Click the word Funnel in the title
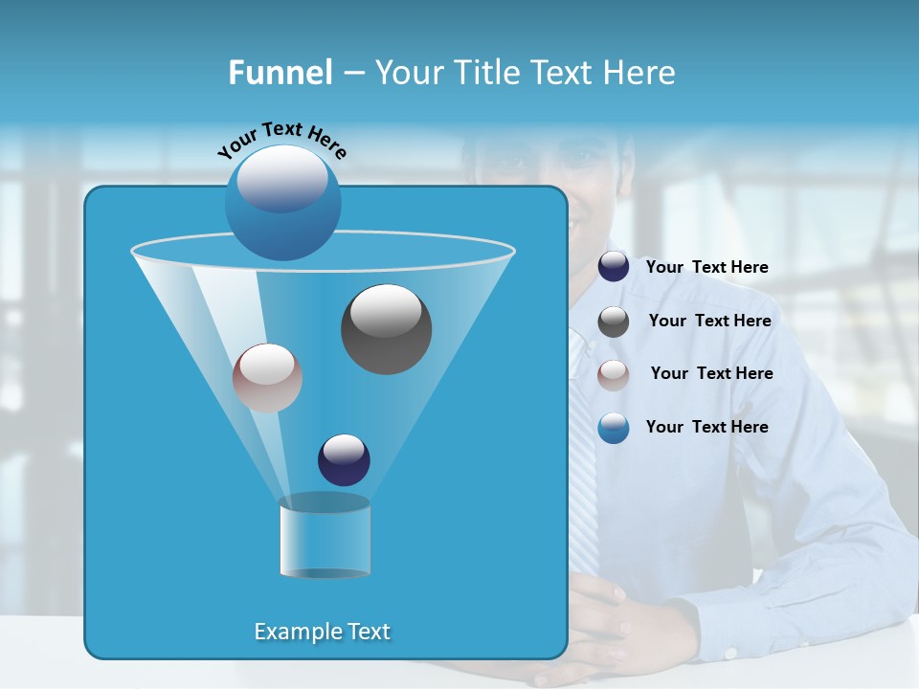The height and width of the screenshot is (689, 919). [x=280, y=73]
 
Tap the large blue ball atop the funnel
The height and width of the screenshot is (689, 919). [x=282, y=202]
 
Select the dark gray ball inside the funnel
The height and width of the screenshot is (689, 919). [x=386, y=329]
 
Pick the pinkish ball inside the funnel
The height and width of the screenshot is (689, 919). [x=267, y=378]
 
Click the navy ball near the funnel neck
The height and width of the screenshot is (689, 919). [x=344, y=459]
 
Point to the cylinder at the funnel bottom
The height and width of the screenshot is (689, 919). [x=325, y=538]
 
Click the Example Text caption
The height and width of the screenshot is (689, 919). [x=322, y=632]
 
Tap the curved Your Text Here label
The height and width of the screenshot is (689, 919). [x=281, y=140]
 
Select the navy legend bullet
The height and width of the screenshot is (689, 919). [x=614, y=267]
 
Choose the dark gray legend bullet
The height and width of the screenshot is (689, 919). [x=614, y=322]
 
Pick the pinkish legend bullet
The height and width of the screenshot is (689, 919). [x=614, y=374]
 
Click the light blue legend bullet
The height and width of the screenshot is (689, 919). [x=614, y=428]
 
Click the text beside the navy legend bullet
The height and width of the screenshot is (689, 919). [x=706, y=267]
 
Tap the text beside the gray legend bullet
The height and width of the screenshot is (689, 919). [x=709, y=321]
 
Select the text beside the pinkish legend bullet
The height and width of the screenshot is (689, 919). [x=711, y=373]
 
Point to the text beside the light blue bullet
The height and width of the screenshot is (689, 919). [x=706, y=427]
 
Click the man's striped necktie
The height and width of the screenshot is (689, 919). [x=582, y=459]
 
